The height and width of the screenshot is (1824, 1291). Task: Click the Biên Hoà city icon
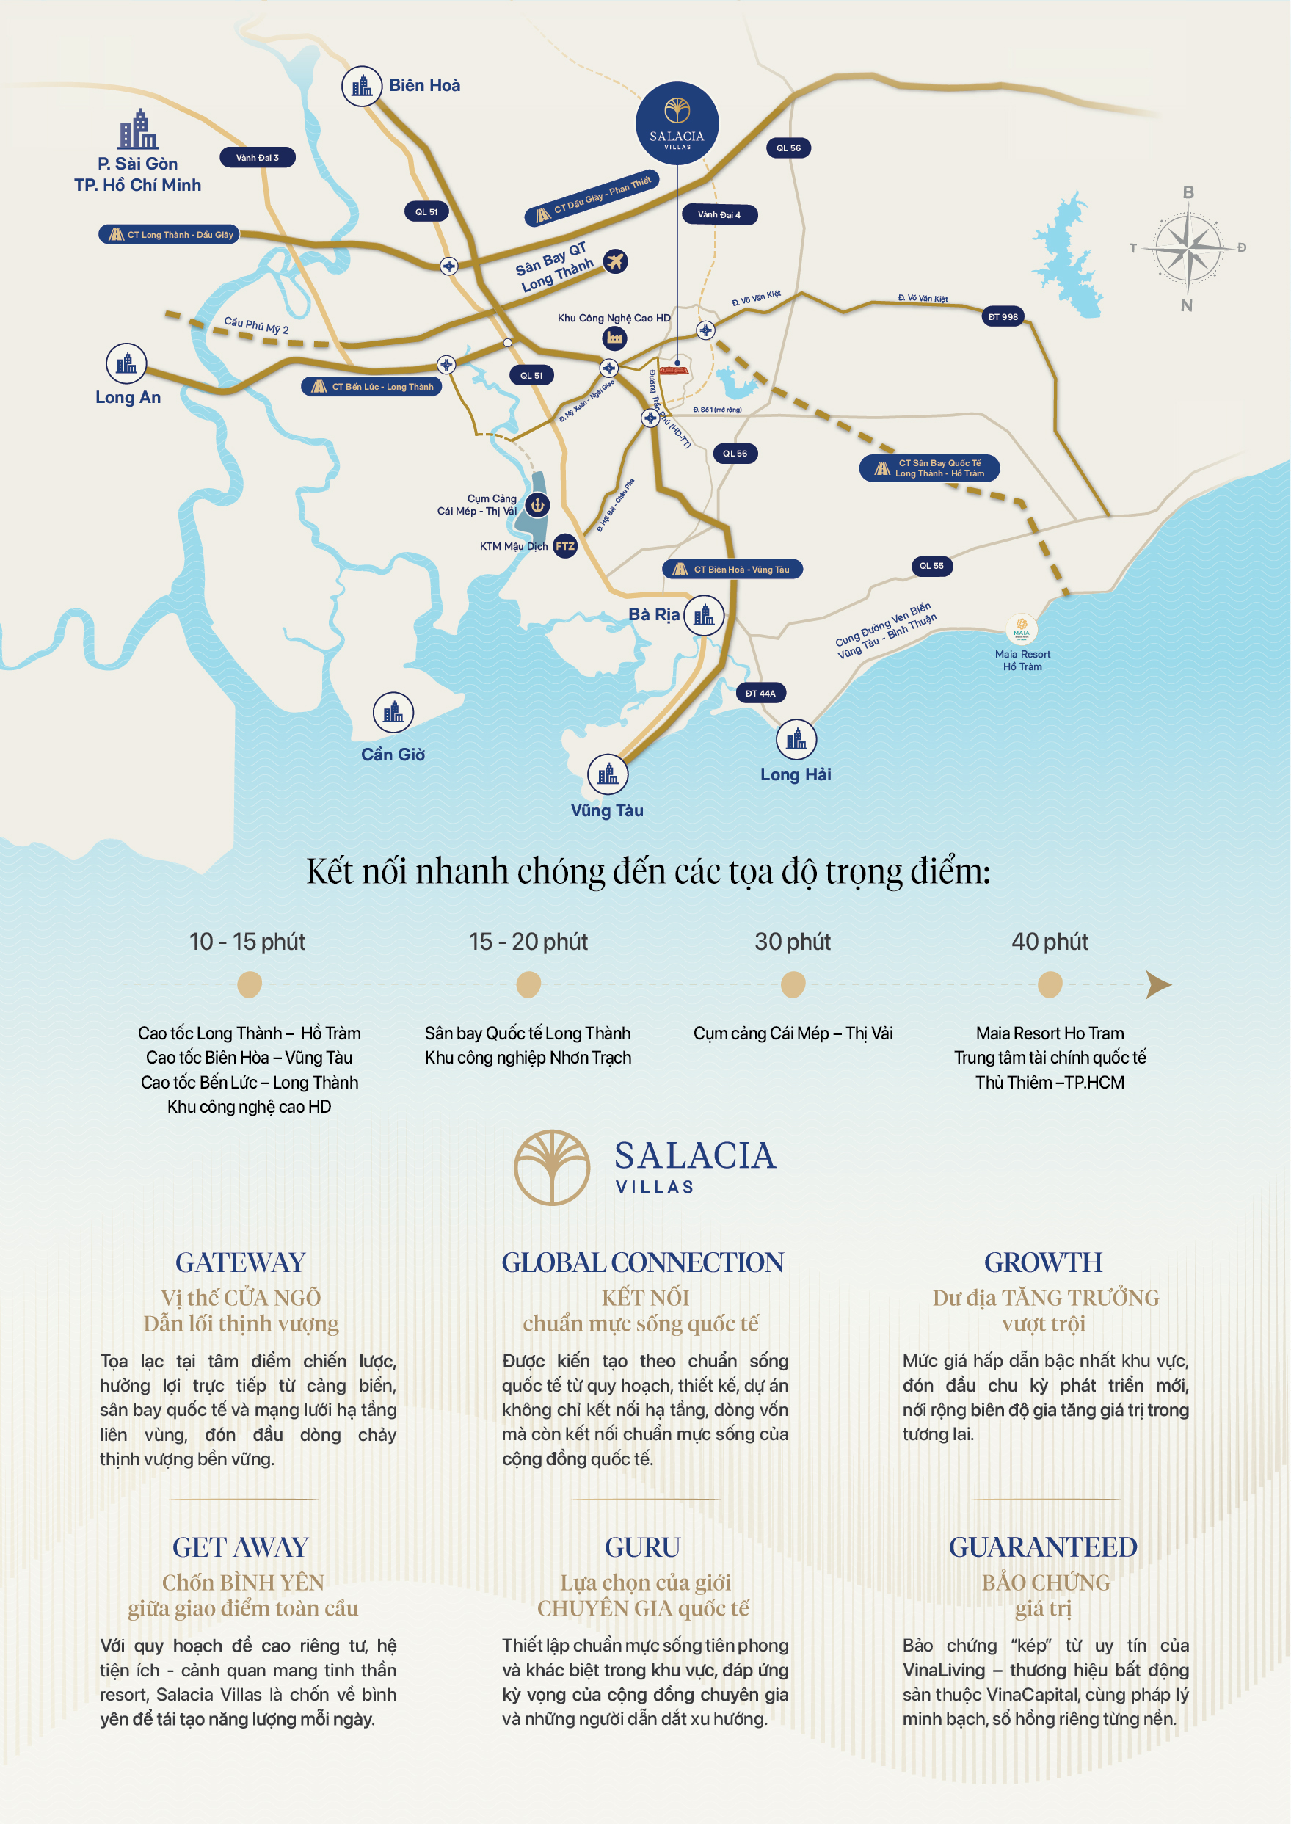point(362,86)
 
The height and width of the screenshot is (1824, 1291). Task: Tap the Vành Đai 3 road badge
point(257,157)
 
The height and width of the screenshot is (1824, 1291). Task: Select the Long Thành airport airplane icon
point(614,260)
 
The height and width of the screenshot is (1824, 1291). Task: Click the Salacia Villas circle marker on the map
point(677,123)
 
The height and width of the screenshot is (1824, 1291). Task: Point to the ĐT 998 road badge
point(1003,316)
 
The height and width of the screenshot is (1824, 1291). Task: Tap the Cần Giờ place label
point(393,754)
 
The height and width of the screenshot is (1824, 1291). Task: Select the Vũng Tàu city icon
point(608,774)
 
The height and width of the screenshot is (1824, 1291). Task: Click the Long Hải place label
point(795,774)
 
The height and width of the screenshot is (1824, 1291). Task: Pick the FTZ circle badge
point(564,546)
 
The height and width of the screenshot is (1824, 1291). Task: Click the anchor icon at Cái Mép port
point(537,504)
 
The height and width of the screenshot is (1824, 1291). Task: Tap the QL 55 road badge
point(931,566)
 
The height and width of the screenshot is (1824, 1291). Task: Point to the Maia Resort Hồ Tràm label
point(1022,660)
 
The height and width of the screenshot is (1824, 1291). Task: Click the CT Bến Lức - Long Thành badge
point(371,386)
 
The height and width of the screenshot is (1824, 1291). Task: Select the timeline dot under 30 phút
point(793,984)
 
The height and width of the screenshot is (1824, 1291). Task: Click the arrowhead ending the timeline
point(1158,984)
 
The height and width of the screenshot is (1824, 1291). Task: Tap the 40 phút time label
point(1050,942)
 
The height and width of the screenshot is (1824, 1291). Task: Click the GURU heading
point(642,1547)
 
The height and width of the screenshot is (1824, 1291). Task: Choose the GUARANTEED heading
point(1043,1547)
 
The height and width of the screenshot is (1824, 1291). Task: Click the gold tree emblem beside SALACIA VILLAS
point(552,1167)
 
